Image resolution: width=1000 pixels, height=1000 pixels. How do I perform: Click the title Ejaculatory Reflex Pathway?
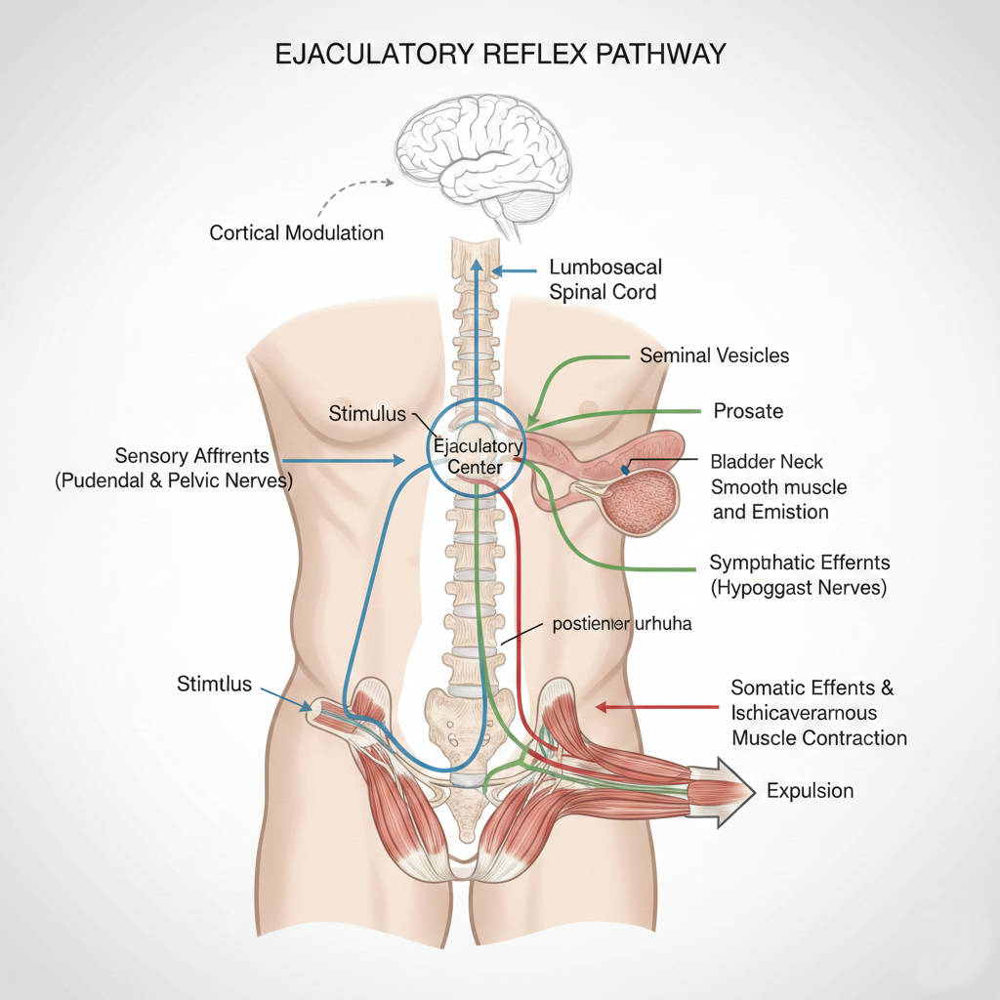click(500, 53)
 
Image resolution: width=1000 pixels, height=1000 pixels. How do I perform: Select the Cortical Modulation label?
click(297, 233)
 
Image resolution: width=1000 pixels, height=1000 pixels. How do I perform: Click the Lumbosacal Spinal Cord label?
click(605, 278)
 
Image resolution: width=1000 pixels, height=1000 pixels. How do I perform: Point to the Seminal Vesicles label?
click(714, 355)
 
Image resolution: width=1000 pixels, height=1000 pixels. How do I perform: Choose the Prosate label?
click(748, 411)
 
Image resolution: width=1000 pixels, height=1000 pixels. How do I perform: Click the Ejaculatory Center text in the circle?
click(478, 457)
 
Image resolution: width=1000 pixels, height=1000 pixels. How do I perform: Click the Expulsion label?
click(810, 790)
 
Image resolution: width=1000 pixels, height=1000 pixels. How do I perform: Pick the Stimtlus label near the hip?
click(214, 684)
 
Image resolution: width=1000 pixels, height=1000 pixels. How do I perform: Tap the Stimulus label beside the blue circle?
click(367, 414)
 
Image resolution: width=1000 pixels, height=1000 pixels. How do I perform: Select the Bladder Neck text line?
click(767, 462)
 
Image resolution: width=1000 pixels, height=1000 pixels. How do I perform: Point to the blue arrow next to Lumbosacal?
click(514, 270)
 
